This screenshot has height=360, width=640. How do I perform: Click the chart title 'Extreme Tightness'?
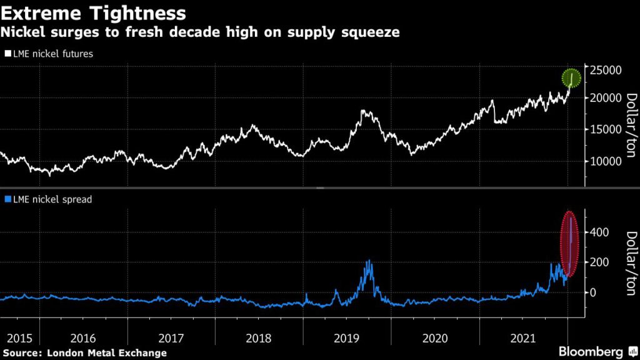pyautogui.click(x=94, y=13)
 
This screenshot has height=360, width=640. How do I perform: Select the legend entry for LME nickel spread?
pyautogui.click(x=49, y=199)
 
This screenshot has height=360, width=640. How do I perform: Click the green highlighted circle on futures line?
pyautogui.click(x=571, y=78)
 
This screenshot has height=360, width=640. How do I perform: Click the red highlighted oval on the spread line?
pyautogui.click(x=570, y=244)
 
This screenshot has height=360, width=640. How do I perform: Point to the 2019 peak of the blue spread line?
pyautogui.click(x=369, y=261)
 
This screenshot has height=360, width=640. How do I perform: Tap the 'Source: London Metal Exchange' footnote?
pyautogui.click(x=84, y=353)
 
